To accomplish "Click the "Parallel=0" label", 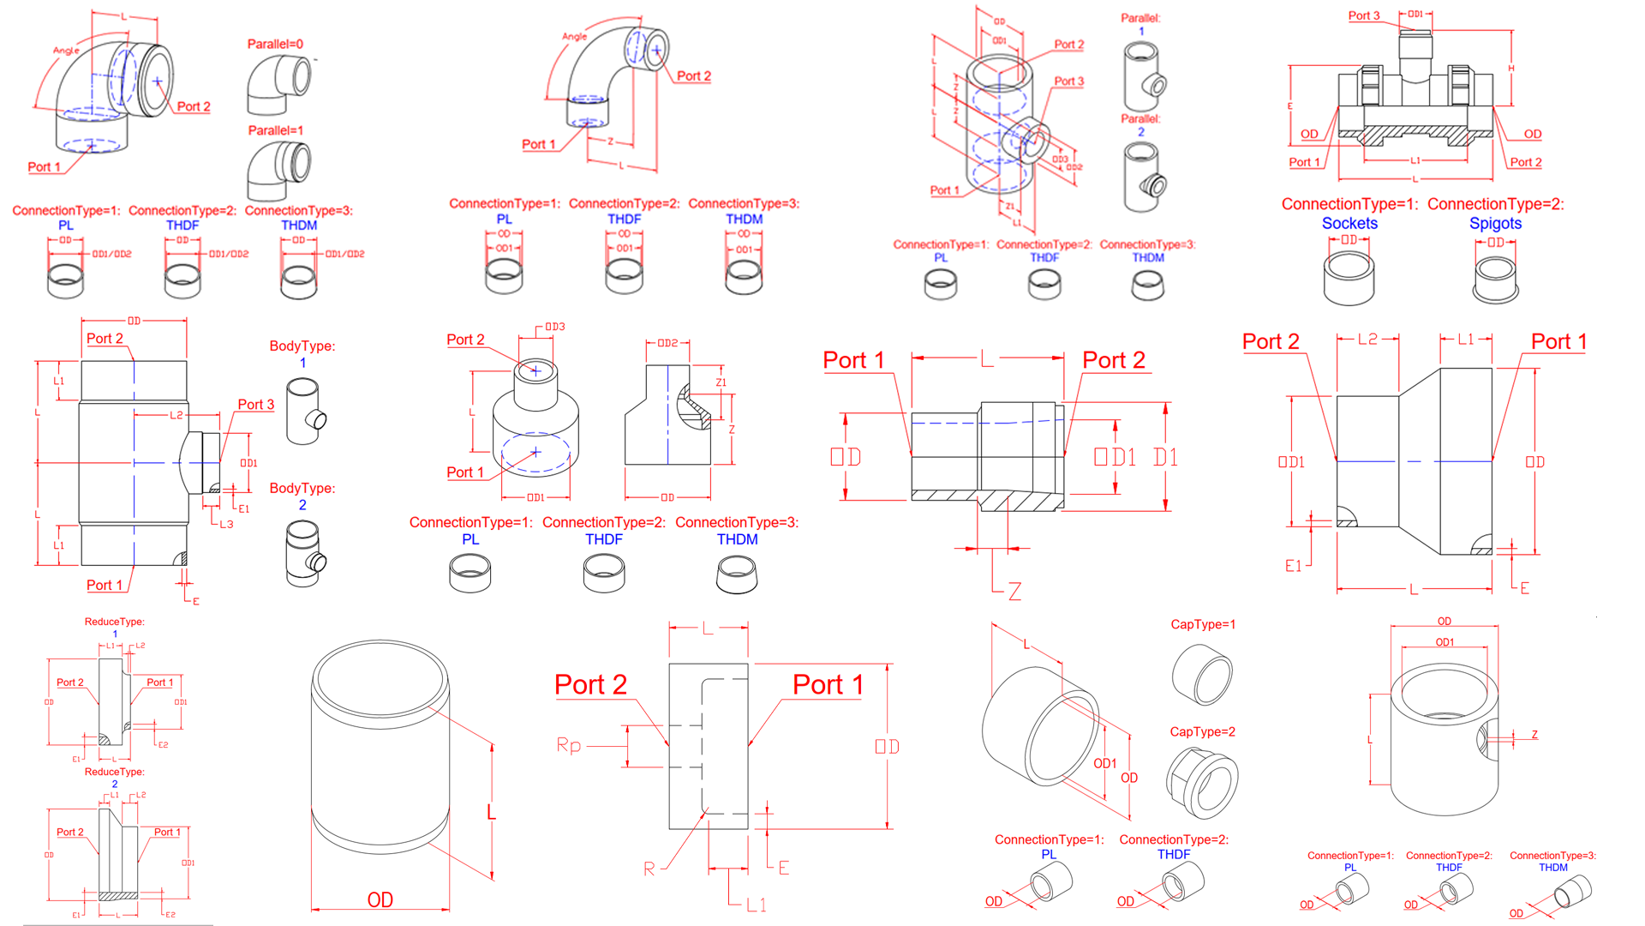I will (x=275, y=44).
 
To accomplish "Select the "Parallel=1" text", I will (x=275, y=130).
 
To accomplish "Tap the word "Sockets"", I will (x=1349, y=223).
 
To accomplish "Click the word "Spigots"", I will (x=1495, y=223).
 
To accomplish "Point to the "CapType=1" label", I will (x=1203, y=624).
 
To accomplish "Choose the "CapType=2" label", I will (x=1202, y=731).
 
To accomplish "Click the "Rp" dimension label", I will (x=568, y=745).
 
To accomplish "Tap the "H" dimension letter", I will (x=1511, y=69).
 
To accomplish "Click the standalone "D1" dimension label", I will (x=1165, y=457).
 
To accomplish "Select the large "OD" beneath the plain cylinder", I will (x=380, y=899).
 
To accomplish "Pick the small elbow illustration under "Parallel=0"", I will (x=278, y=85).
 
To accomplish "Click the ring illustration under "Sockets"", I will (x=1349, y=279).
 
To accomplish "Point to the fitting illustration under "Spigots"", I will (x=1496, y=280).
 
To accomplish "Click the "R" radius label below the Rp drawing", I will (x=649, y=869).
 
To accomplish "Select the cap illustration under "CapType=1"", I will (x=1202, y=675).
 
